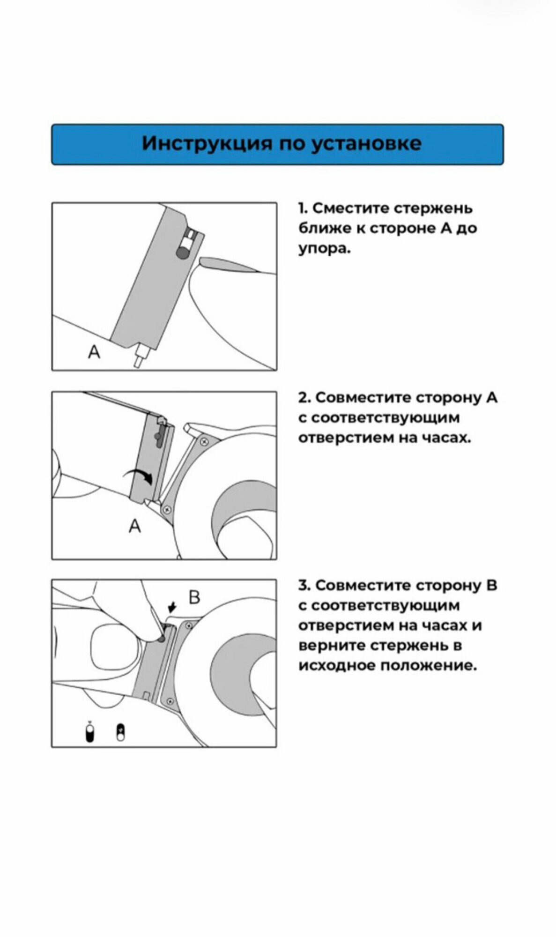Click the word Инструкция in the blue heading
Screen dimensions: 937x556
(x=207, y=143)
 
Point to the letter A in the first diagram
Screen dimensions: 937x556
(x=94, y=351)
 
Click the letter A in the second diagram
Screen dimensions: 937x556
(x=135, y=526)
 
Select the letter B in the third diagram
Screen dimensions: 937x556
(x=194, y=597)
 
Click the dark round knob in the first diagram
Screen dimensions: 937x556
(x=181, y=253)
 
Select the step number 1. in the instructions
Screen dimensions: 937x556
(x=303, y=208)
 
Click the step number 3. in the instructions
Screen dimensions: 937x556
(x=304, y=585)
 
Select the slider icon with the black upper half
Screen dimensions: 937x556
(x=121, y=733)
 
